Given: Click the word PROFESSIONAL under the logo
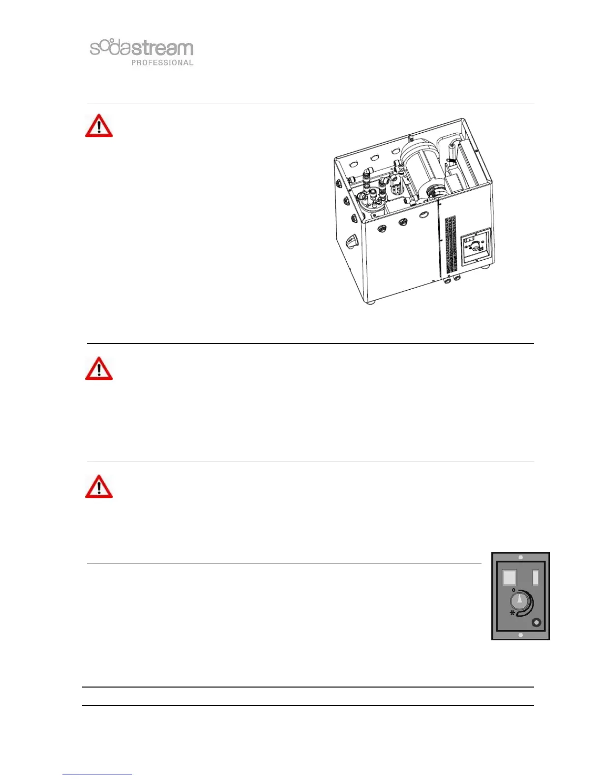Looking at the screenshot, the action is (162, 62).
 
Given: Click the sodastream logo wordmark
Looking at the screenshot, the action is (142, 48).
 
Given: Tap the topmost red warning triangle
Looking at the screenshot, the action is (99, 126).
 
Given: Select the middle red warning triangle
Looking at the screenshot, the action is (99, 369).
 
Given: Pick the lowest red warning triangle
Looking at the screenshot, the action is (99, 487).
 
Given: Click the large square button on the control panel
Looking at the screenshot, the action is (509, 577).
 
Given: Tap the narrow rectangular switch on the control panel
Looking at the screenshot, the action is (536, 577).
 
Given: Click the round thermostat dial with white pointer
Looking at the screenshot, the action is (519, 600).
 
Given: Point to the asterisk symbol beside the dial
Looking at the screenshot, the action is (512, 613).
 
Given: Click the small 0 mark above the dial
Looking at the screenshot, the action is (513, 590).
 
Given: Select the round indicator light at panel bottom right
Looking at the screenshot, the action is (537, 623).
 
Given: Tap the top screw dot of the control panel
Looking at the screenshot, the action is (520, 557).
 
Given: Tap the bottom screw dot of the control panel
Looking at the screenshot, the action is (520, 635).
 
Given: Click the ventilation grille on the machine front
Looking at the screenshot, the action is (451, 244).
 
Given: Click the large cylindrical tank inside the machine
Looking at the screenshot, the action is (421, 172).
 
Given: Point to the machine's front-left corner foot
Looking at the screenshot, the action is (372, 301).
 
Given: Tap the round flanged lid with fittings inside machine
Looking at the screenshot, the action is (368, 203).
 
